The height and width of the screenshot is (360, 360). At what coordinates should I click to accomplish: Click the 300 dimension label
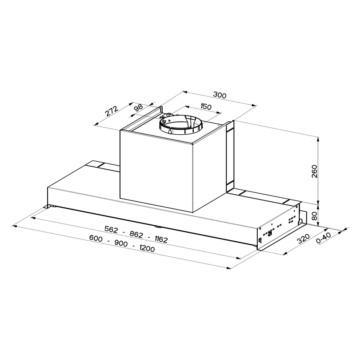pyautogui.click(x=220, y=95)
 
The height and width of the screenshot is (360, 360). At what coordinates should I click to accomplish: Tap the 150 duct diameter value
pyautogui.click(x=206, y=107)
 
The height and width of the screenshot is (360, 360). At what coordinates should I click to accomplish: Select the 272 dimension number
pyautogui.click(x=112, y=111)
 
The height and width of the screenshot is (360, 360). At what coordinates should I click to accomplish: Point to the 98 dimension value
pyautogui.click(x=139, y=108)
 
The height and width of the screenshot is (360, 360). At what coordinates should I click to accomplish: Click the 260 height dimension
pyautogui.click(x=314, y=171)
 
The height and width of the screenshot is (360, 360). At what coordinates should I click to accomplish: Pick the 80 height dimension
pyautogui.click(x=314, y=216)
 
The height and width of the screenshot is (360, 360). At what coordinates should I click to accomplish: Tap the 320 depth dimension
pyautogui.click(x=303, y=239)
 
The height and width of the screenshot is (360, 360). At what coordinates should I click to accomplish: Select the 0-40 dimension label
pyautogui.click(x=323, y=238)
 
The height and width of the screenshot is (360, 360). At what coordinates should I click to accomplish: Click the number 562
pyautogui.click(x=111, y=229)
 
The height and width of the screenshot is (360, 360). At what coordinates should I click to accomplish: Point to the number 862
pyautogui.click(x=136, y=234)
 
